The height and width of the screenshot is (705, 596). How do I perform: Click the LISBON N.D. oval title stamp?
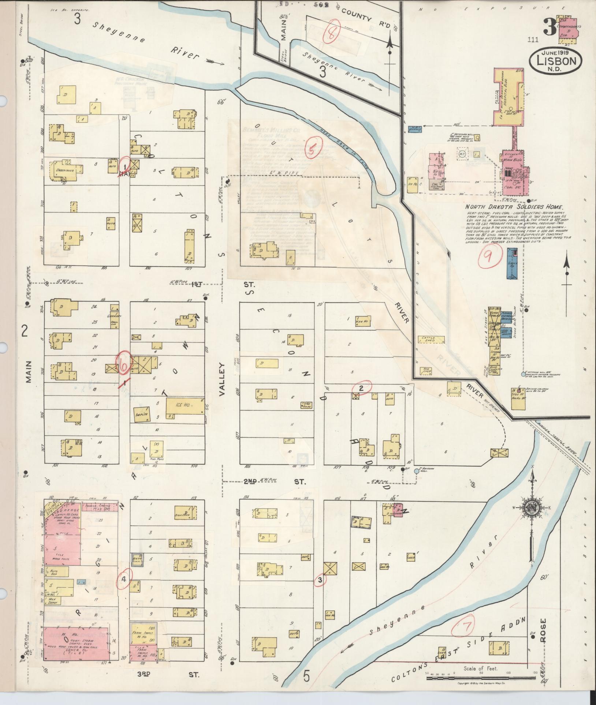[x=555, y=61]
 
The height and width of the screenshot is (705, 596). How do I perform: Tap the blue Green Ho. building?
[x=512, y=263]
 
